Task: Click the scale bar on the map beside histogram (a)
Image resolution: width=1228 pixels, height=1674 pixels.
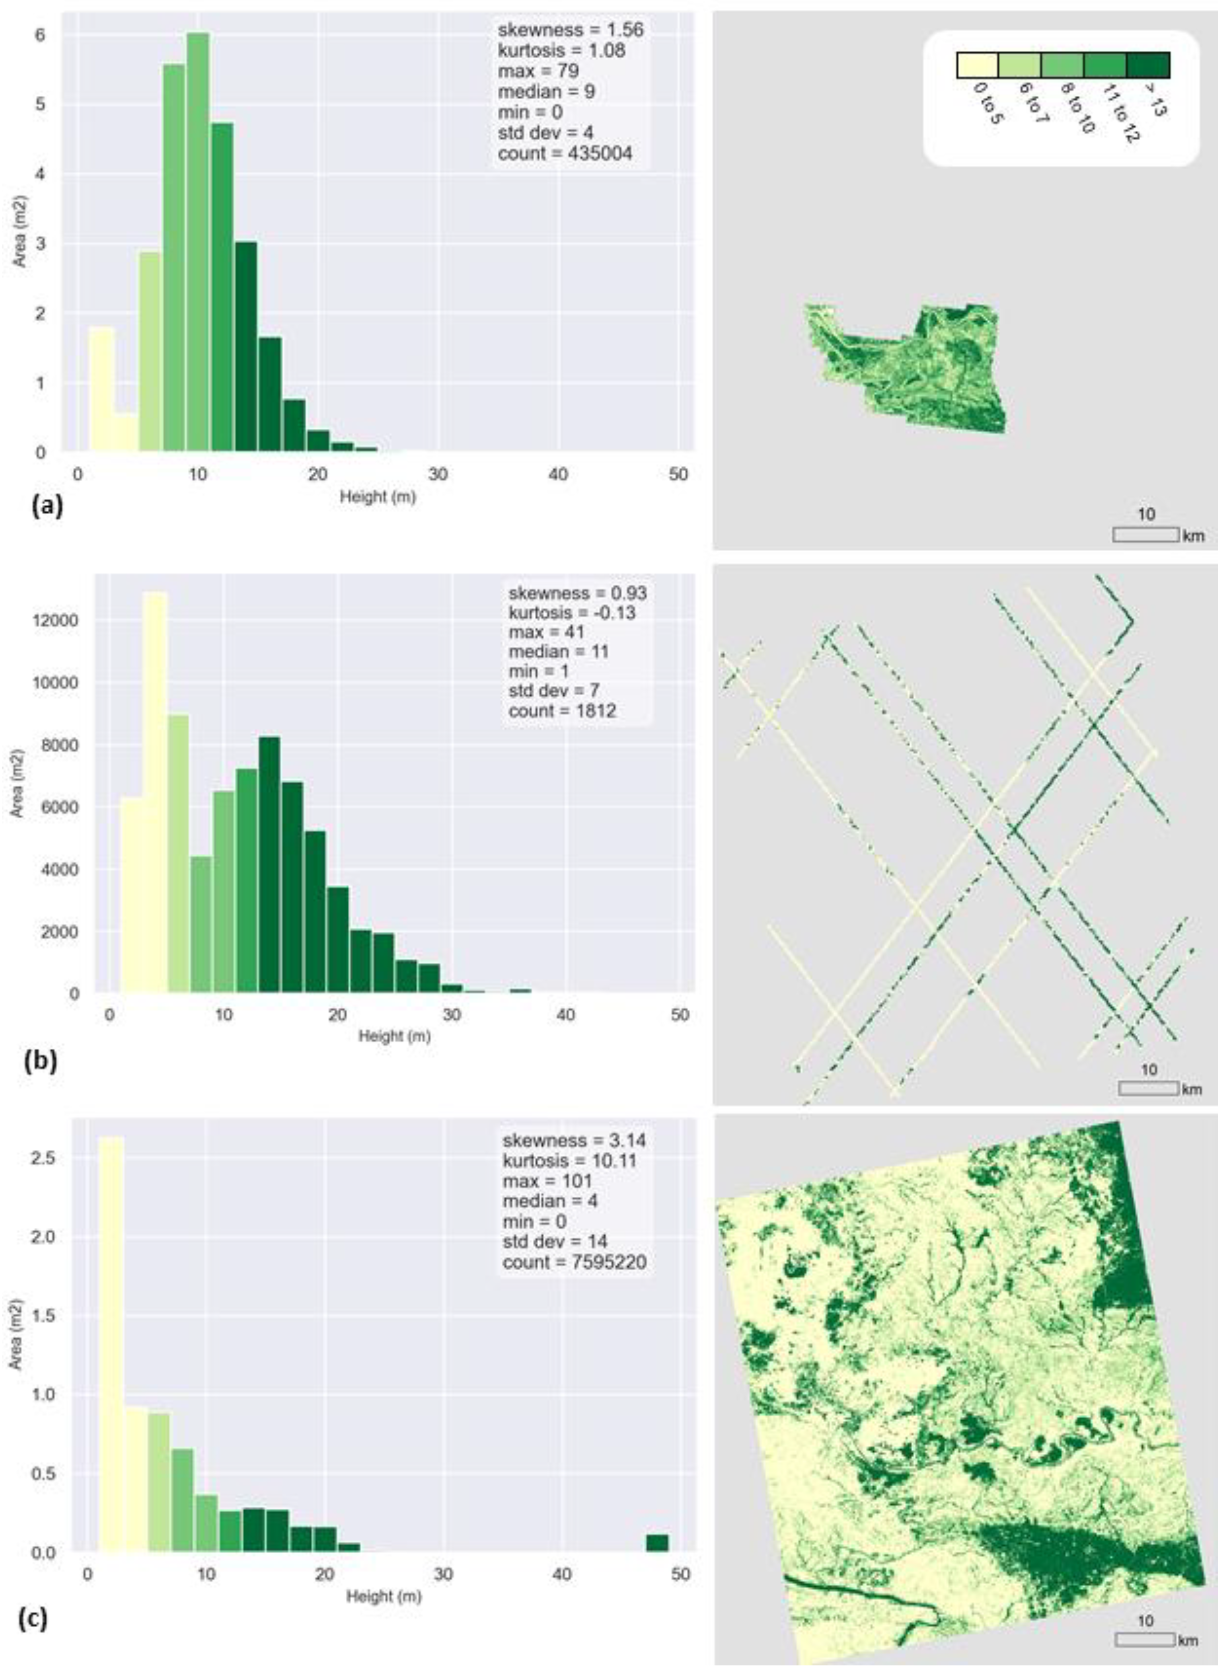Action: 1146,534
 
